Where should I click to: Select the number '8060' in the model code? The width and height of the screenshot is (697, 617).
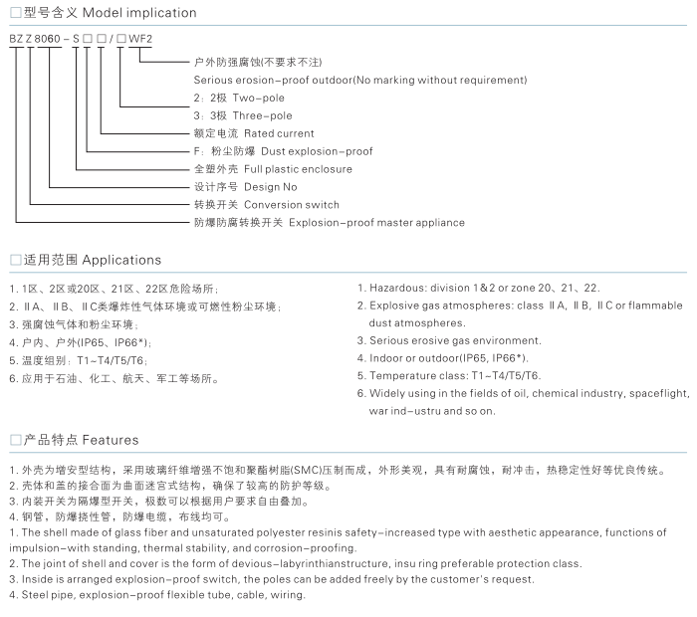(48, 39)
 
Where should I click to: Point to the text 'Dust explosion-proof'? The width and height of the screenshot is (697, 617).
(317, 151)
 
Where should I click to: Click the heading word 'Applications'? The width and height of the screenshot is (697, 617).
(121, 260)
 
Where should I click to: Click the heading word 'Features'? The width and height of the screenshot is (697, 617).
(111, 439)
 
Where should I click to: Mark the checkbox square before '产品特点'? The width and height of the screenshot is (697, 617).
(15, 439)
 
